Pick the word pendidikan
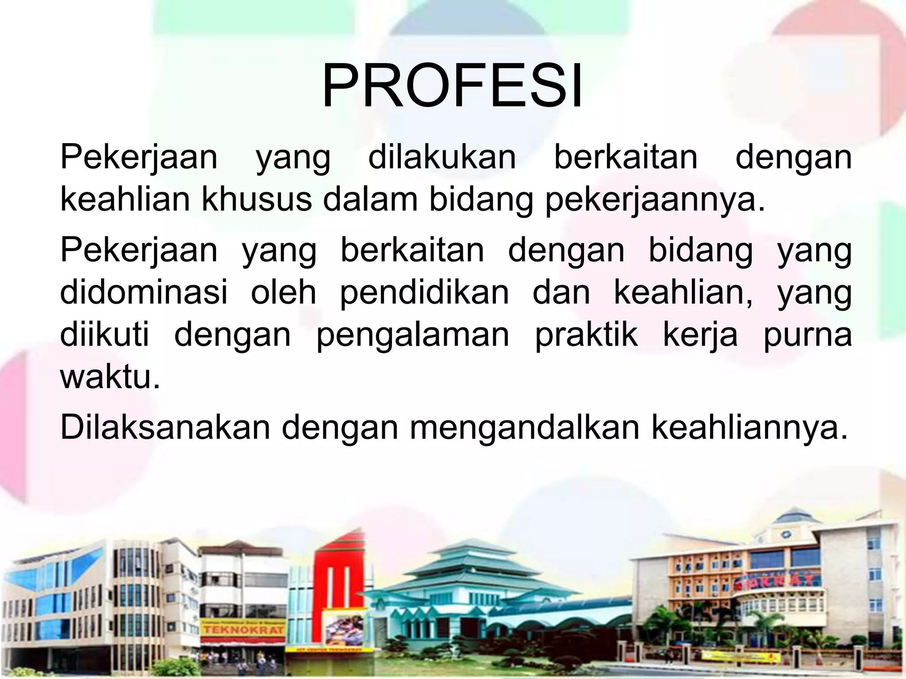425,293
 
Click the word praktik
587,335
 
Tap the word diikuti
104,335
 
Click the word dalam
371,200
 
